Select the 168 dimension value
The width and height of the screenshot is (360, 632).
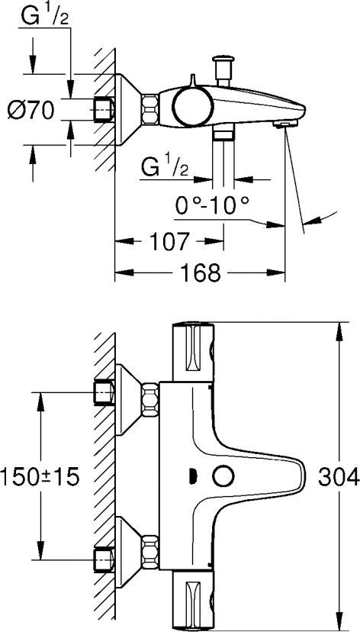pyautogui.click(x=202, y=272)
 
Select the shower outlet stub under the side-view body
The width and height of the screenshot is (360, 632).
pyautogui.click(x=223, y=134)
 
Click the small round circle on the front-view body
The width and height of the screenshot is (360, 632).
pyautogui.click(x=223, y=476)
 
